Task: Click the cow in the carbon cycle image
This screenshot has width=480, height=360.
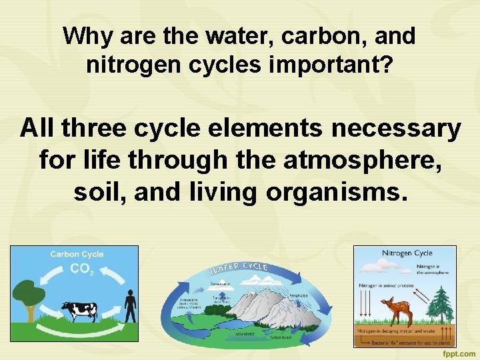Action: pyautogui.click(x=79, y=310)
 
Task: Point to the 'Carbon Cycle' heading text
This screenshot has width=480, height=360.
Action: pyautogui.click(x=77, y=254)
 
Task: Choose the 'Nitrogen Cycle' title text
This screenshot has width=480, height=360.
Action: pyautogui.click(x=407, y=253)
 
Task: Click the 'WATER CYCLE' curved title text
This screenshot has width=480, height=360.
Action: pyautogui.click(x=239, y=268)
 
